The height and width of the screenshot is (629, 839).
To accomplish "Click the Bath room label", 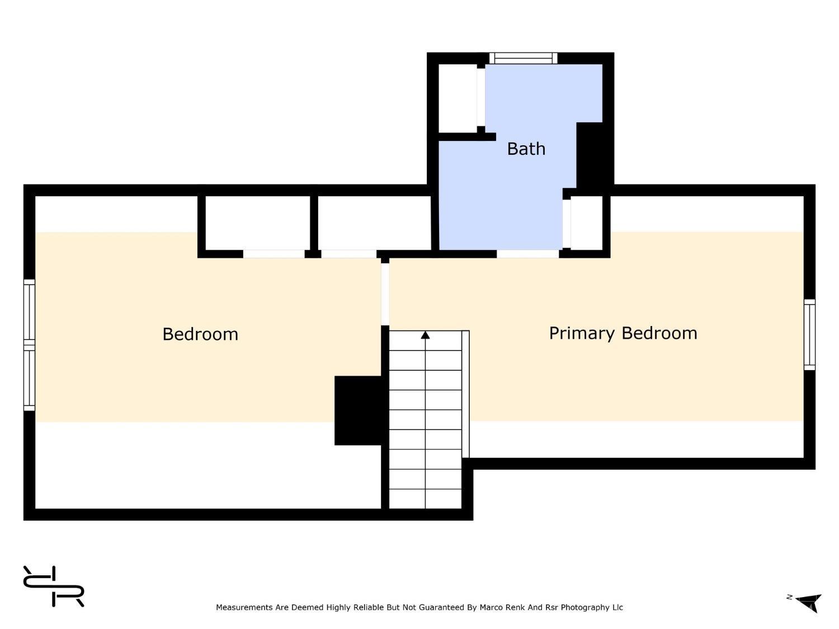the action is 526,149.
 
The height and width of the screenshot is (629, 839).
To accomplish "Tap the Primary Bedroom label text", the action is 623,333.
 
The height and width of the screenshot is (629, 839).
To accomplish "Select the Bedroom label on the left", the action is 200,334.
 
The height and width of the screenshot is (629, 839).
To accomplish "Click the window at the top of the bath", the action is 524,58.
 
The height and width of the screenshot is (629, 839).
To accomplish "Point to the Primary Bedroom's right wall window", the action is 809,334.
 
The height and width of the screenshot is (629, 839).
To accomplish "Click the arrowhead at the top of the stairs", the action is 425,335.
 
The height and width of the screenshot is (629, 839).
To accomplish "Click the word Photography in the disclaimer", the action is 585,608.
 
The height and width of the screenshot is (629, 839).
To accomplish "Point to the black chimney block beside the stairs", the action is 358,410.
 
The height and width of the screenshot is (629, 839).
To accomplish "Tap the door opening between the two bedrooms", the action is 385,294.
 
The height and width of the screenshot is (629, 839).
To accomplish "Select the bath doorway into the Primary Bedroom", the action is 528,254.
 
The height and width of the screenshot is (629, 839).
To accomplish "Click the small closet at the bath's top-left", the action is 458,98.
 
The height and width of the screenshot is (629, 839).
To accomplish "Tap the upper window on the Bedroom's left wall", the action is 30,309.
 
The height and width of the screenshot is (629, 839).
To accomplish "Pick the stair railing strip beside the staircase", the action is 465,394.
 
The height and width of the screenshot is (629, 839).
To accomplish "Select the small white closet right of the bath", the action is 586,223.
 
